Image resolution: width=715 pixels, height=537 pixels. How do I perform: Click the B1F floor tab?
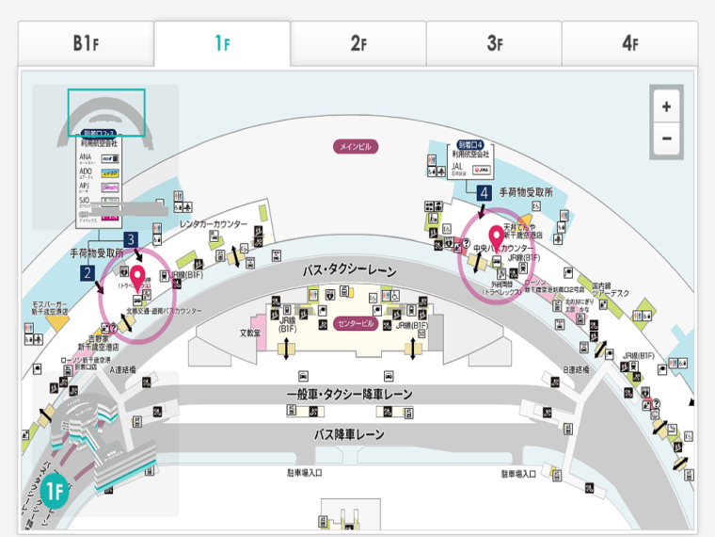click(x=86, y=43)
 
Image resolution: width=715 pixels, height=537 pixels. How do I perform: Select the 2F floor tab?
click(x=357, y=43)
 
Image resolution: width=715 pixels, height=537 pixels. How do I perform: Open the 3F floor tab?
click(x=494, y=43)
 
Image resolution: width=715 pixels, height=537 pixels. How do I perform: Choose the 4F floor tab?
click(x=629, y=43)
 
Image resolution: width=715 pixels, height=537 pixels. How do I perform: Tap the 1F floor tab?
click(x=222, y=43)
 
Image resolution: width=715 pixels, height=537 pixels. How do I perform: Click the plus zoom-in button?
click(x=666, y=106)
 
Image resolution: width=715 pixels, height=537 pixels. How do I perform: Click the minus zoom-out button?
click(x=666, y=138)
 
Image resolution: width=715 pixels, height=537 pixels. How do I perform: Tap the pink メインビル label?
click(x=357, y=147)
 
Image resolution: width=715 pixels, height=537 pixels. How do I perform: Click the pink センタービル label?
click(x=356, y=324)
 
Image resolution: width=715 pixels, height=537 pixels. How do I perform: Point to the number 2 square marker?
click(x=87, y=273)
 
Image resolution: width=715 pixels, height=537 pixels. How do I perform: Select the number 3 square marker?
click(x=131, y=239)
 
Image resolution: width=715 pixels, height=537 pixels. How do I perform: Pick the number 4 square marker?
click(x=484, y=192)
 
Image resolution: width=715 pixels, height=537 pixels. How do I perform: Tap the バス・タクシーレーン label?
click(x=350, y=270)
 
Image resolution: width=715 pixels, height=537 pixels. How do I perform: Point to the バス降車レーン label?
click(x=349, y=434)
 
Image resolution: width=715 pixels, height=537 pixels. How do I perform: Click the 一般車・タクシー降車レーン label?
click(x=349, y=394)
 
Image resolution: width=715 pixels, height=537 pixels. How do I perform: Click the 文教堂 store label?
click(x=248, y=333)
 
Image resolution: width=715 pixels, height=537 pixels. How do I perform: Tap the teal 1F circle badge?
click(x=55, y=490)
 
